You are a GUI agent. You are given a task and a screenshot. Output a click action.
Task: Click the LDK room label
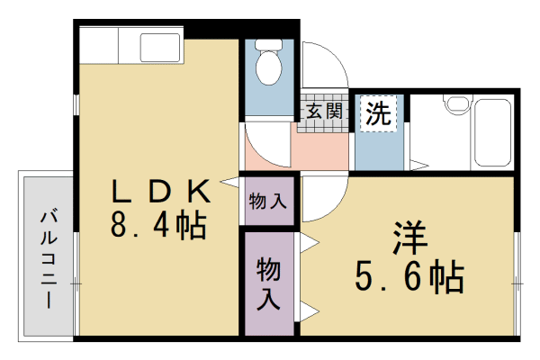(x=160, y=192)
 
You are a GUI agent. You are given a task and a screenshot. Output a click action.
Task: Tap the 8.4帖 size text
(x=158, y=224)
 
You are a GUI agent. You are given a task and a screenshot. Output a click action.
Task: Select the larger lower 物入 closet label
(x=268, y=283)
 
